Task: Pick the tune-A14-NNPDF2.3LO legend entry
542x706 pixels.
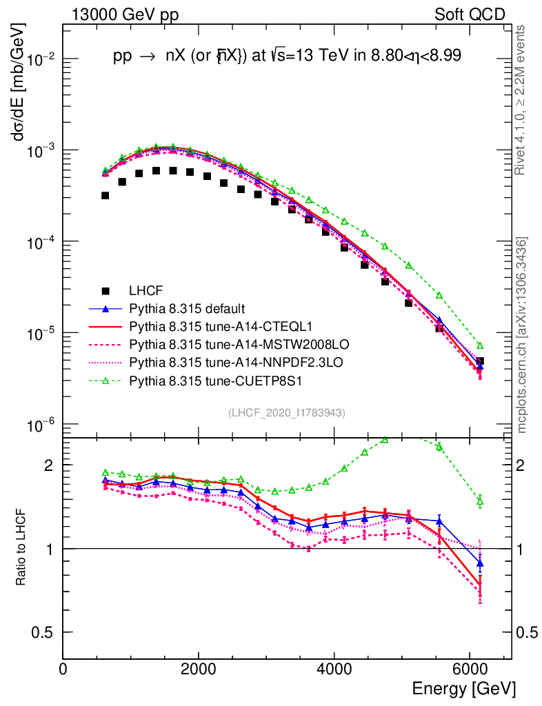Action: (x=213, y=361)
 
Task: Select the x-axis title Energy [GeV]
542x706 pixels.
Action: (x=463, y=689)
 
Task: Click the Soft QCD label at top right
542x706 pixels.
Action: (x=470, y=14)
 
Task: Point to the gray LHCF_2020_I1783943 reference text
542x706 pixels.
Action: (x=286, y=412)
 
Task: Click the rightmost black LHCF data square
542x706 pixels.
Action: (x=480, y=361)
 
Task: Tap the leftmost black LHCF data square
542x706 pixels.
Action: (x=105, y=196)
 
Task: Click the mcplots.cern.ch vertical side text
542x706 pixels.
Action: (x=522, y=336)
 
